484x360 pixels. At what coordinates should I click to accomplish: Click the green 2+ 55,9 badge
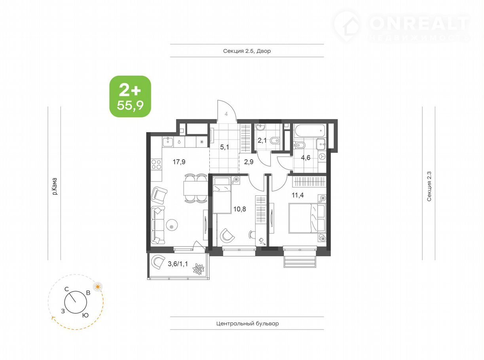(x=130, y=96)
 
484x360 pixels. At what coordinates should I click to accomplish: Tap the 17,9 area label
(x=179, y=162)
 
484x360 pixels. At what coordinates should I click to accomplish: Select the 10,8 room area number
(x=239, y=209)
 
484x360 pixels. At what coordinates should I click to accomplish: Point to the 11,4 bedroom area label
(x=298, y=195)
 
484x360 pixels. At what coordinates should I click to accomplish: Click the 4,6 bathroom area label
(x=306, y=157)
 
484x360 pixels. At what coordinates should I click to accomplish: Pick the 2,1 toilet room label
(x=262, y=140)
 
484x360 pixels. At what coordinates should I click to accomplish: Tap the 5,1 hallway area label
(x=224, y=147)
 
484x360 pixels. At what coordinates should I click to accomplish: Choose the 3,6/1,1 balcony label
(x=178, y=264)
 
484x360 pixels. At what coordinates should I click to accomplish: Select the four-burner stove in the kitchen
(x=156, y=164)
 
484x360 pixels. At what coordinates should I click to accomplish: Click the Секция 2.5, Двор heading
(x=247, y=51)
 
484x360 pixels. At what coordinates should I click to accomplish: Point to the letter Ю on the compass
(x=85, y=315)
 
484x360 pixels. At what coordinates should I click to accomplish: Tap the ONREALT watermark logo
(x=402, y=27)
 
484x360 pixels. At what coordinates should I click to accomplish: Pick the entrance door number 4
(x=226, y=114)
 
